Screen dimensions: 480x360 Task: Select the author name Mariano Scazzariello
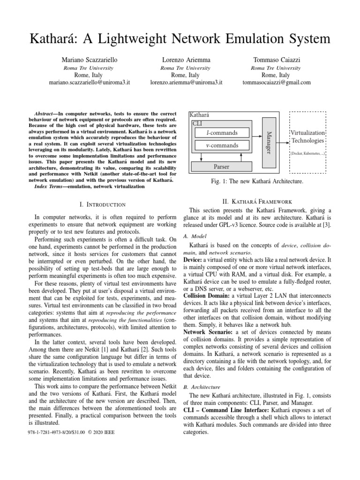pyautogui.click(x=89, y=60)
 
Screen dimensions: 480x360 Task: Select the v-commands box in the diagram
pyautogui.click(x=222, y=145)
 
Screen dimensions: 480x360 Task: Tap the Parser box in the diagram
pyautogui.click(x=221, y=166)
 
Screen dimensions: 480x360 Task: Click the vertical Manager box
pyautogui.click(x=268, y=138)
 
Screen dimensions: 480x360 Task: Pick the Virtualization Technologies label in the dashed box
pyautogui.click(x=307, y=136)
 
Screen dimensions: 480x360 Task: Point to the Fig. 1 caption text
pyautogui.click(x=257, y=181)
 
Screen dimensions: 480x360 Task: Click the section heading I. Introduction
pyautogui.click(x=103, y=204)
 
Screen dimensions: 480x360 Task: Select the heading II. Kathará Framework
pyautogui.click(x=257, y=201)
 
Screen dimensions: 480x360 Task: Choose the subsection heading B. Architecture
pyautogui.click(x=201, y=387)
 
